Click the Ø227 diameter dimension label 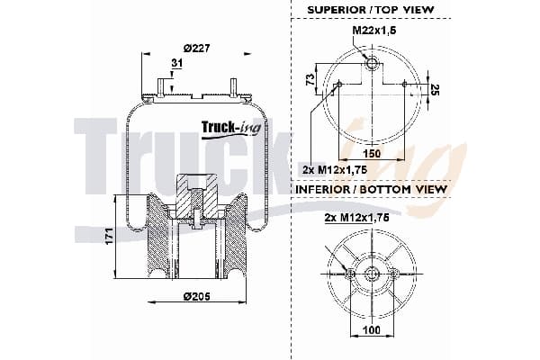(x=196, y=49)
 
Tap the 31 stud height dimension (x=177, y=63)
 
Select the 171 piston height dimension (x=110, y=237)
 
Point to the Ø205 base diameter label (x=196, y=296)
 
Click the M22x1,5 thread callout (x=374, y=31)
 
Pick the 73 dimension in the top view (x=310, y=79)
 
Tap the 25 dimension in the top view (x=435, y=90)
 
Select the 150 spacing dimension (x=372, y=153)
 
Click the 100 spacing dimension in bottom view (x=372, y=330)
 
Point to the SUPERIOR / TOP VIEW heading (x=371, y=10)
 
